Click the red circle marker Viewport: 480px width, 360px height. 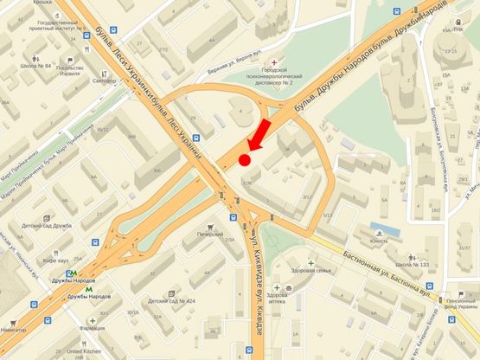245,159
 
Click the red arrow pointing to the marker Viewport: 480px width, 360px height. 259,136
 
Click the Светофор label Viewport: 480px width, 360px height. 104,81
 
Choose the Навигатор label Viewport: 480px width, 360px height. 14,331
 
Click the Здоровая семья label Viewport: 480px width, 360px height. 311,271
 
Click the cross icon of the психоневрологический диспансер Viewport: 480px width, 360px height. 275,63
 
